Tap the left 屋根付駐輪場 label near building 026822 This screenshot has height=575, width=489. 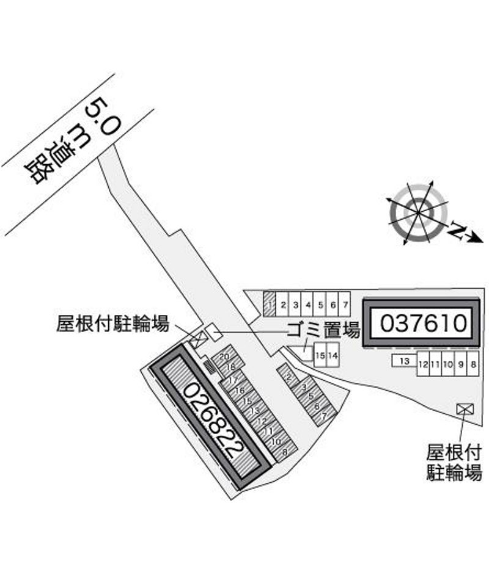coord(112,324)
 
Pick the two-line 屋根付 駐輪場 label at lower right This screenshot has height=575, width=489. coord(454,462)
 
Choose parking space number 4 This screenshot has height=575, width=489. coord(308,303)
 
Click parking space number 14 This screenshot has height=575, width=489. coord(333,355)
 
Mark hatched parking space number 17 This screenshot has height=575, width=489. coord(232,380)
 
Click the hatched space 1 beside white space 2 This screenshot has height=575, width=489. coord(269,303)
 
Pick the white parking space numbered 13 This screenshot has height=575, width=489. coord(404,361)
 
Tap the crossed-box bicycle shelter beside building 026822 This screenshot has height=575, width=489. coord(197,341)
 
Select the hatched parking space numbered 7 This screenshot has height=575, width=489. coord(324,416)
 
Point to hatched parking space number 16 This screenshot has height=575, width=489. coord(240,391)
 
